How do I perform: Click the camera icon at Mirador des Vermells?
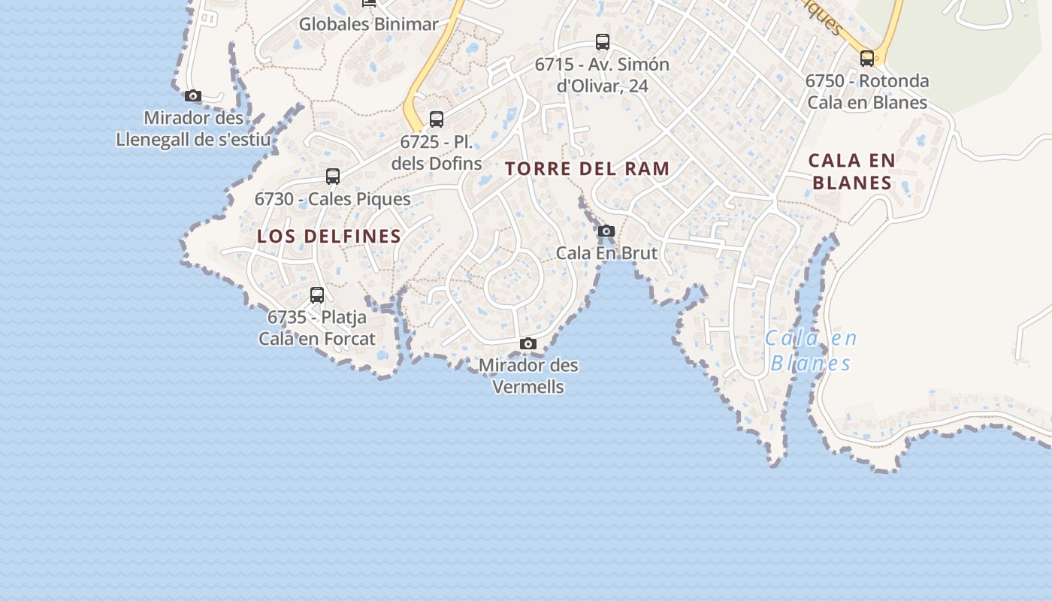click(528, 344)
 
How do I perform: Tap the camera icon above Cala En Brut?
click(606, 231)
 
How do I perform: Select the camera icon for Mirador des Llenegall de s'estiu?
click(193, 96)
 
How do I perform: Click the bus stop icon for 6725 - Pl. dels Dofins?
click(437, 119)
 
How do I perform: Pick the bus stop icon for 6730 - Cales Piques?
click(333, 177)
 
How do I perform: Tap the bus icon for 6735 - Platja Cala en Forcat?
click(317, 295)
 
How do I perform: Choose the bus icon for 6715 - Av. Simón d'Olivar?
click(603, 42)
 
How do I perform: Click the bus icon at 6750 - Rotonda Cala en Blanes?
click(867, 59)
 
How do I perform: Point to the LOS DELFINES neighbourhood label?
click(329, 237)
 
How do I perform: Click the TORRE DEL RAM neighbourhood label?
click(588, 169)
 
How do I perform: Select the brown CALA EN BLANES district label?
click(852, 171)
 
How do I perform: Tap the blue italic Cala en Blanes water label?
click(811, 351)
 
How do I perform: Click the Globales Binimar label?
click(368, 24)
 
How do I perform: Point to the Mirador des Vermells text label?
click(528, 376)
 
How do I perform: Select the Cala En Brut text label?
click(606, 253)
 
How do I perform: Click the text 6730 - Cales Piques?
click(333, 199)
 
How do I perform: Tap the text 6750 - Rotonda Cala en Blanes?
click(867, 92)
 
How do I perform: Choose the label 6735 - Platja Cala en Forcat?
click(317, 328)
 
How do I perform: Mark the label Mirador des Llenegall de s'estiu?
click(193, 129)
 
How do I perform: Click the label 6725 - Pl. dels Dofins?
click(437, 153)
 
